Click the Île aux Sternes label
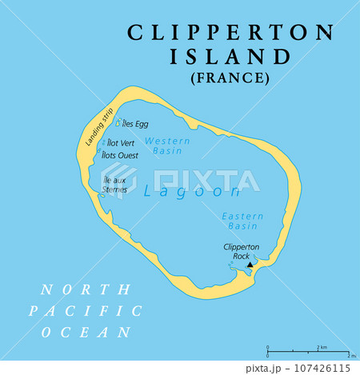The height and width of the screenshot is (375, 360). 115,186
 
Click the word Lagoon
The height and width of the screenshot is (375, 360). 191,192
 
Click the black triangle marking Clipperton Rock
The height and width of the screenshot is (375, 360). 250,265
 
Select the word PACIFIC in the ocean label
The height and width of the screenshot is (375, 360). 85,311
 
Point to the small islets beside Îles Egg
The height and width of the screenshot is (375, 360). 119,123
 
